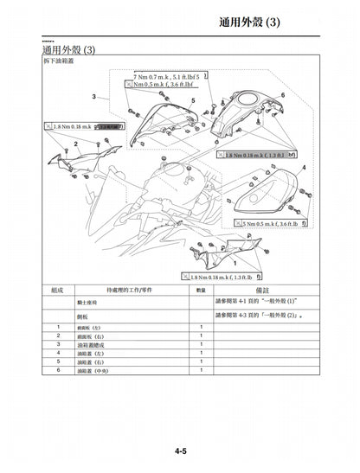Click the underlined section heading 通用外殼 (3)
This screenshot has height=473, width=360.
pos(57,52)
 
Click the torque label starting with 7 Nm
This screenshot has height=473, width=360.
pos(171,77)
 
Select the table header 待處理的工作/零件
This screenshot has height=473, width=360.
pos(130,291)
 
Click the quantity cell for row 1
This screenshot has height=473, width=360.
pos(201,326)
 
